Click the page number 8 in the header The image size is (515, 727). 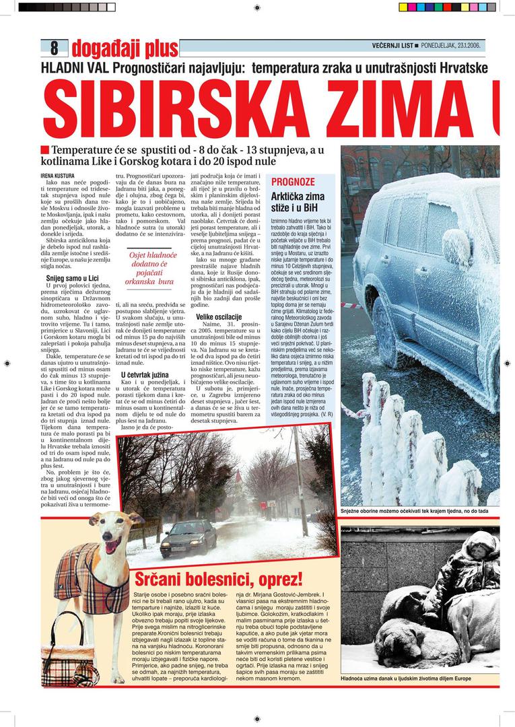tap(54, 48)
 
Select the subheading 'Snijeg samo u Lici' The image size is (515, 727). tap(72, 277)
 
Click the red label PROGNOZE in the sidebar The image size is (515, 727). tap(293, 182)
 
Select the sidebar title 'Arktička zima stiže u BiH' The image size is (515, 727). tap(297, 203)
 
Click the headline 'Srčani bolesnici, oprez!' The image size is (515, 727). tap(219, 579)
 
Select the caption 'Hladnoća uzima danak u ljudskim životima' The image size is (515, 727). tap(415, 678)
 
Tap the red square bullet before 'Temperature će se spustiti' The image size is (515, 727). tap(44, 149)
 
